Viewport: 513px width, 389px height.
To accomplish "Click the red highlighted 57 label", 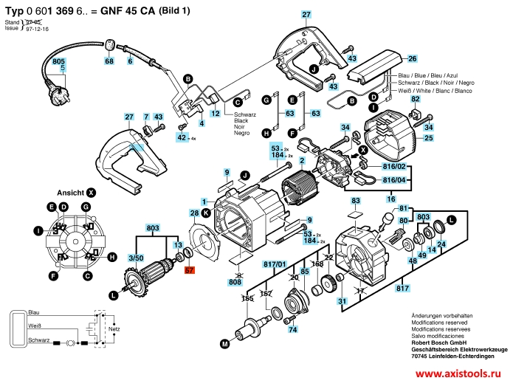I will (x=190, y=271).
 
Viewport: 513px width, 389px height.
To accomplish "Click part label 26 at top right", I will (x=413, y=58).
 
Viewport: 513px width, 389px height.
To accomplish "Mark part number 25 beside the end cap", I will (x=428, y=138).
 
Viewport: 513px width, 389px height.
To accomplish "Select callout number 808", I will (x=235, y=281).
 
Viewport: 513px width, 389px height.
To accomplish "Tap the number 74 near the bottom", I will (x=292, y=330).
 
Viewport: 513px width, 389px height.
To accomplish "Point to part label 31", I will (x=342, y=301).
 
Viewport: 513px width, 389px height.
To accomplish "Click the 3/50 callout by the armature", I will (x=136, y=258).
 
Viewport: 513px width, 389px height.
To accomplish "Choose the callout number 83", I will (x=356, y=201).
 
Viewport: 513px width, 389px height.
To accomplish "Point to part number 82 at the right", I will (x=416, y=99).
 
